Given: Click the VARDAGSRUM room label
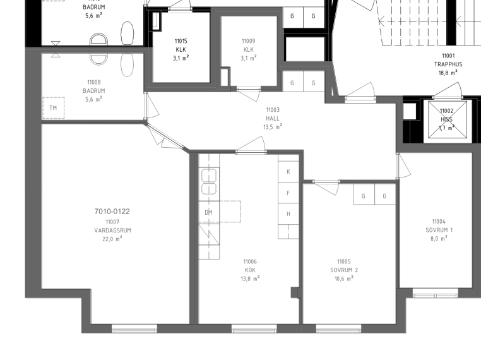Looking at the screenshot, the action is coord(112,231).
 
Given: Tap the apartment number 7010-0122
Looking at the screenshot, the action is coord(112,211).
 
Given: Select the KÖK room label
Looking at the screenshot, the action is coord(250,270).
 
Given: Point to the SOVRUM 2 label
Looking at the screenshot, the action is coord(344,270).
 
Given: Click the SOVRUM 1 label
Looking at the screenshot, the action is coord(439,230).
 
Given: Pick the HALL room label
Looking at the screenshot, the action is coord(273,118).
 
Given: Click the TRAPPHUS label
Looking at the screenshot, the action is coord(448,64).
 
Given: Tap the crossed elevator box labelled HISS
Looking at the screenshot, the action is coord(448,119).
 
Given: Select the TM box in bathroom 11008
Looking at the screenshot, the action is coord(54,108).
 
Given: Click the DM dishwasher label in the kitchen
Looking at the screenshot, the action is coord(208,212).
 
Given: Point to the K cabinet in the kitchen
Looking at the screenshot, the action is coord(288,172).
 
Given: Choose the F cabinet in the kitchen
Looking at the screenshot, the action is coord(288,193).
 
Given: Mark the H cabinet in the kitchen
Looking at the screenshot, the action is coord(288,214).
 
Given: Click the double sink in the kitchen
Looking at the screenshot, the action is coord(209,182).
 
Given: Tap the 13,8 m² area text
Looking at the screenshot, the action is coord(250,279).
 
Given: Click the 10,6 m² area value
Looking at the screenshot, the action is coord(344,279).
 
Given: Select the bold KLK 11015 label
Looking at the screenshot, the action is coord(181,49).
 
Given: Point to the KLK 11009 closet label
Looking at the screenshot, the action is coord(249,49).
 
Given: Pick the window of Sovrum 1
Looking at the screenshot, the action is coord(436,294).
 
